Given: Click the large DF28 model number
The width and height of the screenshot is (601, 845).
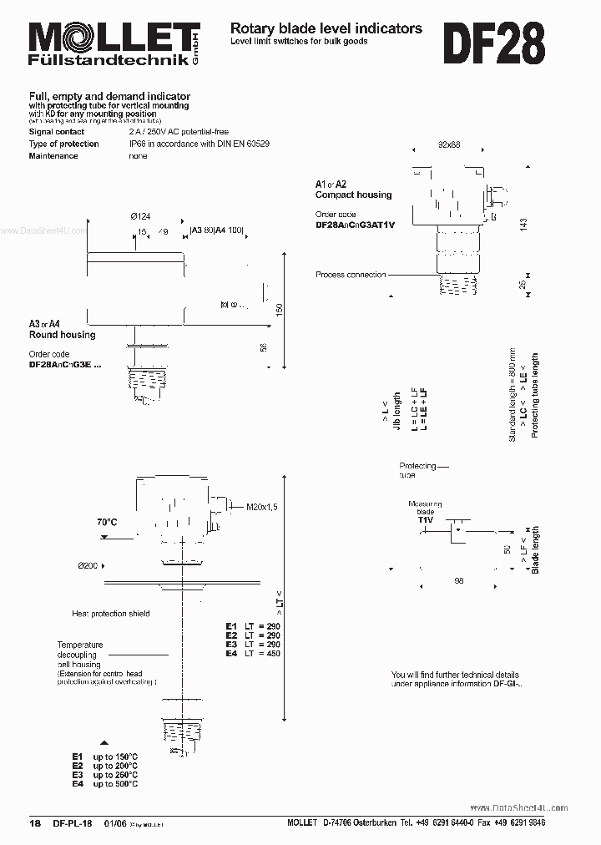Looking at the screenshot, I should [x=493, y=43].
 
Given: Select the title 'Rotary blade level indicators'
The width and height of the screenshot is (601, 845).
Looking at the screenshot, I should [x=326, y=28].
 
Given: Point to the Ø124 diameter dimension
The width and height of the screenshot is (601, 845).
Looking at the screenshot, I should [x=139, y=216].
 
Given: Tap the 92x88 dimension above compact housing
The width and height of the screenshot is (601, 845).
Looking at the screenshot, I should [x=449, y=144].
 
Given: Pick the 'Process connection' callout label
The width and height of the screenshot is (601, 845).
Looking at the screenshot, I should [x=351, y=275].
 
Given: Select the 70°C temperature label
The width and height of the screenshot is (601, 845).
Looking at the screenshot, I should [x=107, y=522].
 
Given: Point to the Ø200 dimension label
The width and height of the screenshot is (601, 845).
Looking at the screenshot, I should [x=89, y=566].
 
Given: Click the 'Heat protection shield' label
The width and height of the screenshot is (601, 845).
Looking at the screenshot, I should [x=110, y=614].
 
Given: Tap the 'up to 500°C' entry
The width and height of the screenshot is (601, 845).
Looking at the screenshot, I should [x=115, y=784].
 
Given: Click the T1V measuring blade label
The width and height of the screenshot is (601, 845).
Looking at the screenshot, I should [x=425, y=519].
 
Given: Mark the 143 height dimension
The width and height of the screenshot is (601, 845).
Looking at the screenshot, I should [x=524, y=225].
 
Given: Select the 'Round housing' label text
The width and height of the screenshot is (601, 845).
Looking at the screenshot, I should [x=63, y=335].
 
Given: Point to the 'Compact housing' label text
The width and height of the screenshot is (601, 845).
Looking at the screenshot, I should [x=353, y=195].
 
